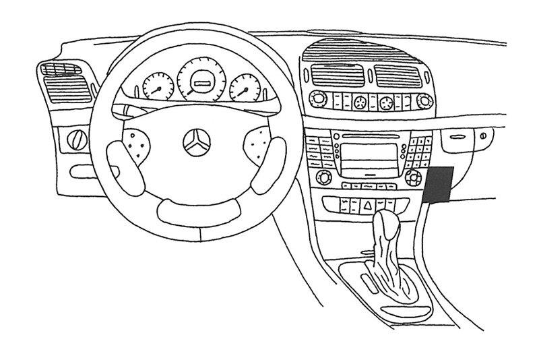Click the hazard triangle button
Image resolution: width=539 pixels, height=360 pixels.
(x=369, y=202)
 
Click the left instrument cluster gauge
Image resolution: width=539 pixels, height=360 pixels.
(x=158, y=88)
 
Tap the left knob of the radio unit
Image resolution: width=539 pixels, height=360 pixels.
(x=321, y=178)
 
